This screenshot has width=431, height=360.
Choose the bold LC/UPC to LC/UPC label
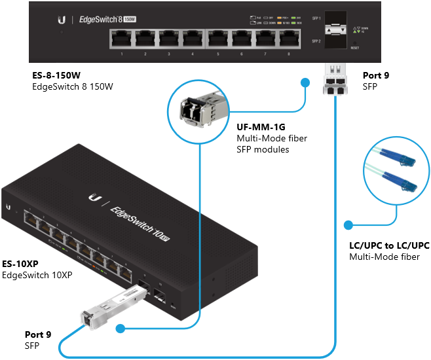click(x=389, y=245)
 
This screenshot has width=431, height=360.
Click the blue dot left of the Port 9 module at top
click(x=305, y=82)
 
